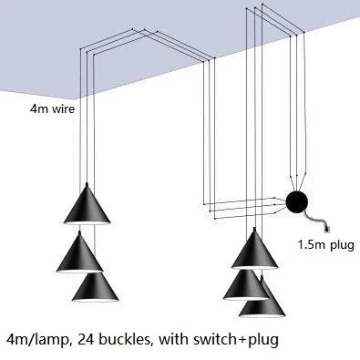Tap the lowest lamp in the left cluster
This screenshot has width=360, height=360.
[99, 289]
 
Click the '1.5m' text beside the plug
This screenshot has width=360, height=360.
[312, 245]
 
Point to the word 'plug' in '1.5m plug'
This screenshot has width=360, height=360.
[341, 246]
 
